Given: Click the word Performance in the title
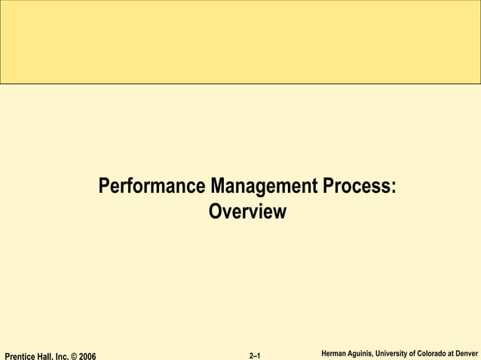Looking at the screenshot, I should pyautogui.click(x=153, y=185).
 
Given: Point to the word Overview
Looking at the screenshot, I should pyautogui.click(x=247, y=212).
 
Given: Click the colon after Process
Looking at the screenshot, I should pyautogui.click(x=393, y=187).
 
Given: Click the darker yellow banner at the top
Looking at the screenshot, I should pyautogui.click(x=240, y=41).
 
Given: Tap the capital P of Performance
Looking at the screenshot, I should pyautogui.click(x=104, y=185).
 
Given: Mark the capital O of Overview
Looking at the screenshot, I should pyautogui.click(x=214, y=212).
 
